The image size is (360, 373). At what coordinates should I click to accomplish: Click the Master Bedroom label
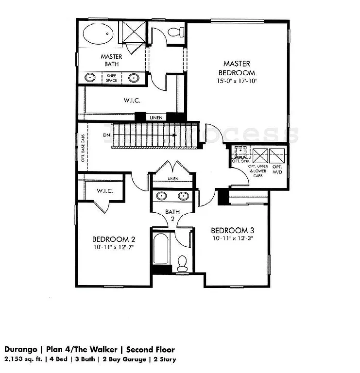tap(237, 68)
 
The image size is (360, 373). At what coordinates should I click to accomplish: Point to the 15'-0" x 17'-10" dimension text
tap(237, 81)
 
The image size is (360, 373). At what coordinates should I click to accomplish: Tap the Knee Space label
tap(112, 78)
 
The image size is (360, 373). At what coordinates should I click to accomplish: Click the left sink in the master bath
tap(90, 78)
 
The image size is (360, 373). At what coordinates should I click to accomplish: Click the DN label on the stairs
tap(106, 135)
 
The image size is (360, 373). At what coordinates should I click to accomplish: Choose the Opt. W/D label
tap(277, 169)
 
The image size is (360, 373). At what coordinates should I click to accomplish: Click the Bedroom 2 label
tap(113, 239)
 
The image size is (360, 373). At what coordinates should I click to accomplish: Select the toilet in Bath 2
tap(183, 264)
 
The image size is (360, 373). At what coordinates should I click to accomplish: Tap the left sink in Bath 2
tap(162, 197)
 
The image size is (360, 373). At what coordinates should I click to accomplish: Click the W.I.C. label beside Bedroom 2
tap(105, 191)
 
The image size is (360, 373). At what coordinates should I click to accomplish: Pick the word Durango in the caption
tap(20, 350)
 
